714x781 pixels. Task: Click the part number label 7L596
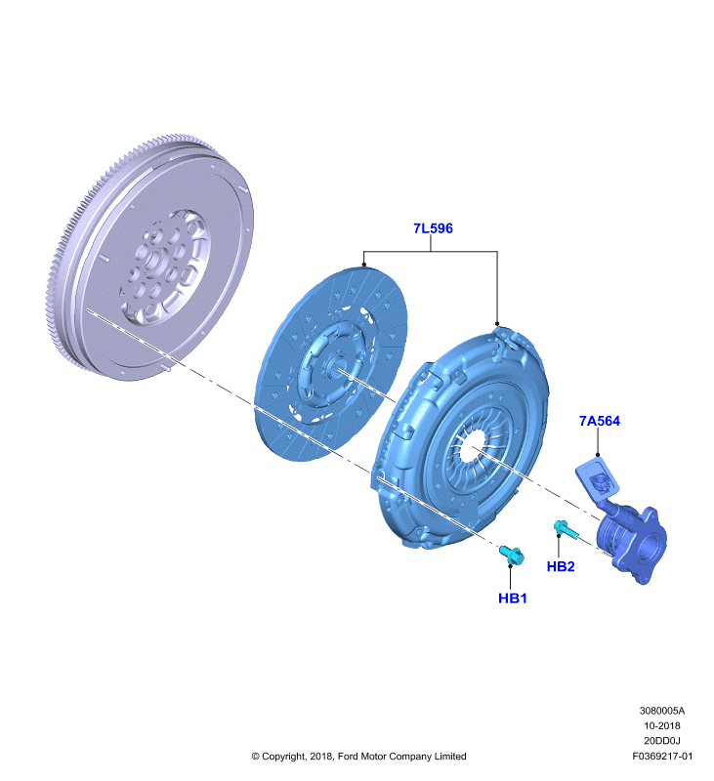(x=433, y=228)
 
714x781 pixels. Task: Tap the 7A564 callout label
(x=600, y=421)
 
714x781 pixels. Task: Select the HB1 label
(x=512, y=598)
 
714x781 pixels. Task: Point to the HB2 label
(x=561, y=566)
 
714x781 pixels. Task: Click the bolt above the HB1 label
(x=512, y=555)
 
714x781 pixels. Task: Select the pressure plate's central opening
(x=471, y=447)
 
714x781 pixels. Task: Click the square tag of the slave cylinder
(x=598, y=478)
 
